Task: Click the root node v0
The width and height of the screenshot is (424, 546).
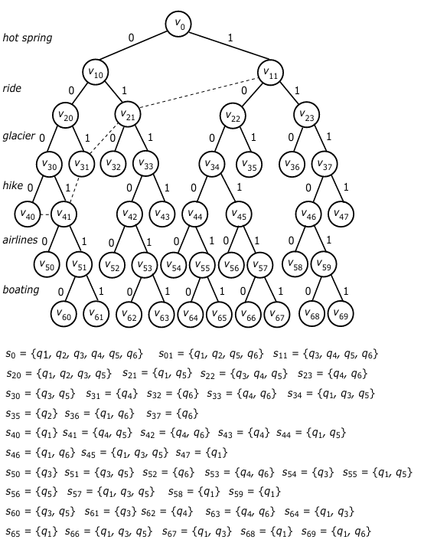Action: click(178, 23)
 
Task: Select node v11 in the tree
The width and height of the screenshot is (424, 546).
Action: click(270, 73)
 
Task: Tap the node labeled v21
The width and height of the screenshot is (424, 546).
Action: click(128, 114)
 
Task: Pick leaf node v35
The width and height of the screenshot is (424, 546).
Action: click(250, 165)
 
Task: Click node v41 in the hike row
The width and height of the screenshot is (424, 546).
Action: click(64, 214)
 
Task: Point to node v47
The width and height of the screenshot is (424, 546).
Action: click(341, 214)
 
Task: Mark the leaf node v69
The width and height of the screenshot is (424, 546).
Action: click(341, 314)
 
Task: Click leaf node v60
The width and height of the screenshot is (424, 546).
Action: click(64, 315)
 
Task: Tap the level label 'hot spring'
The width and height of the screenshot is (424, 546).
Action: click(27, 38)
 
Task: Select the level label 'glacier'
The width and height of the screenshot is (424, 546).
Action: click(19, 136)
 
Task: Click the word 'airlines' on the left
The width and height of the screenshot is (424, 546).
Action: click(20, 240)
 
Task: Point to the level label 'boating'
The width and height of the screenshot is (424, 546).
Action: click(21, 289)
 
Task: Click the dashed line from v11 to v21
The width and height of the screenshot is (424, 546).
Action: click(199, 93)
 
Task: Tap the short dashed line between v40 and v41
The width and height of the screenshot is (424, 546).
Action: click(46, 214)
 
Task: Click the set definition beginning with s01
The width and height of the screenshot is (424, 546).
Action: click(211, 354)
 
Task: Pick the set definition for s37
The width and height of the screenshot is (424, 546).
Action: click(172, 414)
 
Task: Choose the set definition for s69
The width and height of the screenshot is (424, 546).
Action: click(336, 531)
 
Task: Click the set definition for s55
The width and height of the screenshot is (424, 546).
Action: click(377, 472)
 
